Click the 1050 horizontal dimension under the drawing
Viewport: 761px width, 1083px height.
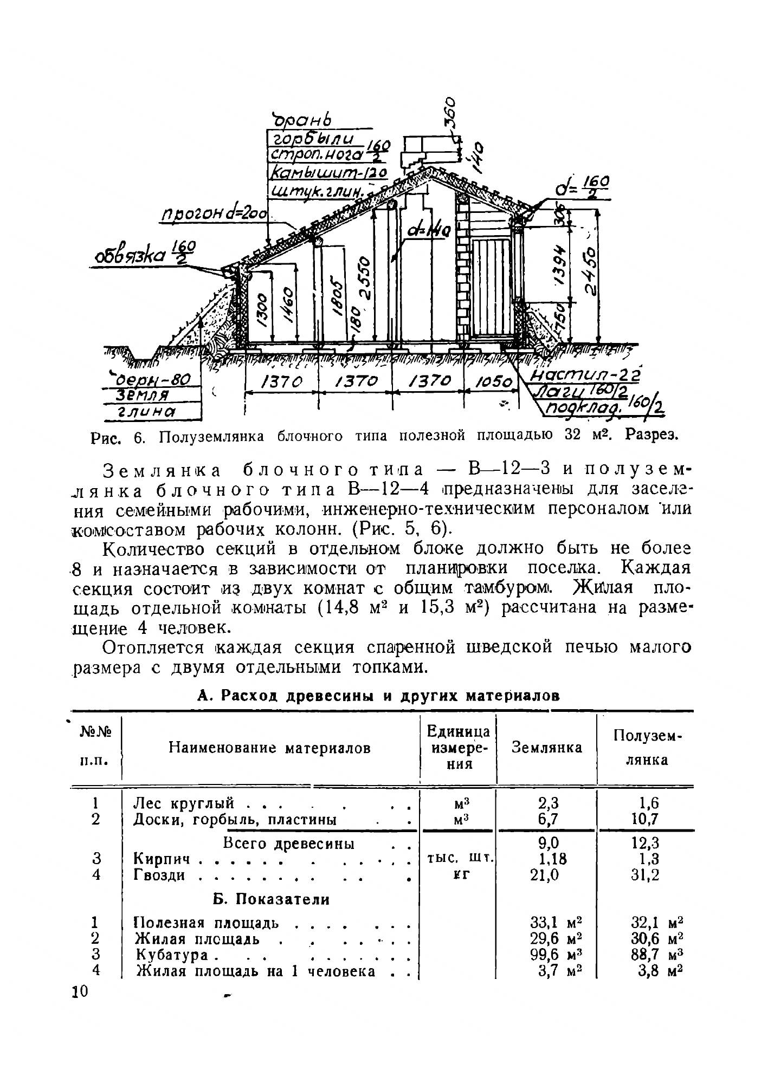pos(493,382)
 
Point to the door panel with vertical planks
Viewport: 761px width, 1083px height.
pos(492,287)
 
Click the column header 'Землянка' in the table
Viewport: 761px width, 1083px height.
pos(546,748)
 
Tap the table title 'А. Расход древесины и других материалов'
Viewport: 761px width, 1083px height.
pos(378,697)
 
